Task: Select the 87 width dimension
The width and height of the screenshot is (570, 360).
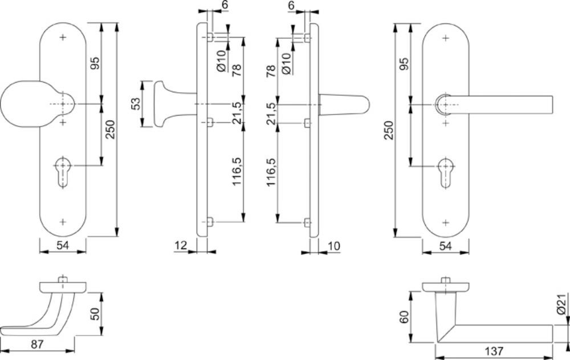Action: pyautogui.click(x=37, y=343)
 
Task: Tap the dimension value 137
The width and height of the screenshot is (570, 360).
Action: pyautogui.click(x=494, y=351)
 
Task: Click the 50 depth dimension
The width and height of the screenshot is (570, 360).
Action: pyautogui.click(x=95, y=314)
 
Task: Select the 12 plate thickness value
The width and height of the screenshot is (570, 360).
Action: pyautogui.click(x=181, y=246)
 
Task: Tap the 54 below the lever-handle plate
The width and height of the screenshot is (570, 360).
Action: pyautogui.click(x=445, y=246)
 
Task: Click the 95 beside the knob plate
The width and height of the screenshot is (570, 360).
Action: pyautogui.click(x=95, y=64)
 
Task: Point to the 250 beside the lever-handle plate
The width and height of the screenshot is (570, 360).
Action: pyautogui.click(x=389, y=130)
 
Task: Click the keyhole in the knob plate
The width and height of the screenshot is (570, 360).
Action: pyautogui.click(x=63, y=172)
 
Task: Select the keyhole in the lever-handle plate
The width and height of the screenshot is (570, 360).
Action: pyautogui.click(x=446, y=173)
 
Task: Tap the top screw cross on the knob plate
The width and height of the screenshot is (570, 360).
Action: pyautogui.click(x=63, y=37)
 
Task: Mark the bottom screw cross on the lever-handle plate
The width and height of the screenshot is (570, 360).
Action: pyautogui.click(x=446, y=222)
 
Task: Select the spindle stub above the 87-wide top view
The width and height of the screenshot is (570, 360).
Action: pyautogui.click(x=63, y=279)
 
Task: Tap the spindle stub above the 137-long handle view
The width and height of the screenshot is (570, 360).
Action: pyautogui.click(x=446, y=280)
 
